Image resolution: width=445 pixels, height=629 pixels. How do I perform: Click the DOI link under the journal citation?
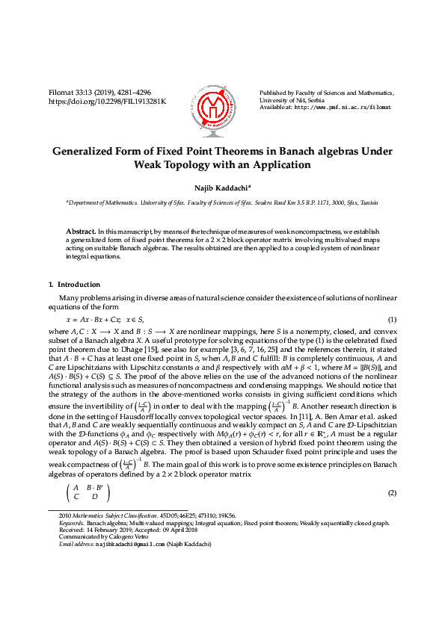point(107,101)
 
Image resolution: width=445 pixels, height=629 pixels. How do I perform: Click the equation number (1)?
point(390,320)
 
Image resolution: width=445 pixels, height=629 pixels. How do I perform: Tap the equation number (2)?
point(390,494)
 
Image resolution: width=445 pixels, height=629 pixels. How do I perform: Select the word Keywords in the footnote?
point(72,523)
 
